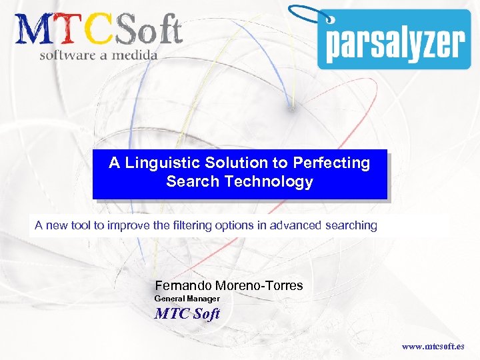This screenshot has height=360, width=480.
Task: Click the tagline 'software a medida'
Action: [x=98, y=55]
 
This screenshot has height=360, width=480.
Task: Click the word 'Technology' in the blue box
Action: [x=276, y=182]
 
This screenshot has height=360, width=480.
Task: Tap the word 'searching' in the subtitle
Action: [x=351, y=225]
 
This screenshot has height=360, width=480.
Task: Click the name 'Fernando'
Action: [x=182, y=286]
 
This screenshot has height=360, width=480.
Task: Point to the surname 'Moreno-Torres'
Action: [x=259, y=286]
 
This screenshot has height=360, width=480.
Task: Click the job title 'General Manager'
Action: [x=187, y=299]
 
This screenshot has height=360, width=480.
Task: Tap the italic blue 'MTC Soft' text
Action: [x=187, y=313]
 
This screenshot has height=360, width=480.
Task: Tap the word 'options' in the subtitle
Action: [x=233, y=225]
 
